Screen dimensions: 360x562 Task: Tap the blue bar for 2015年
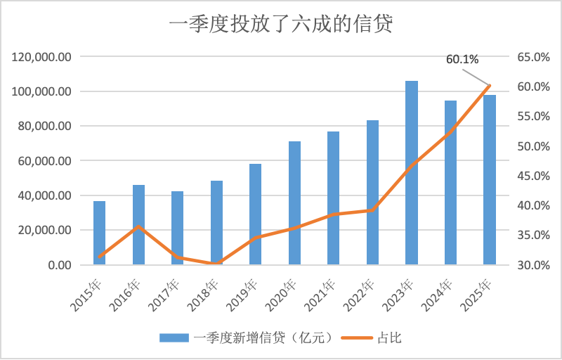pyautogui.click(x=100, y=233)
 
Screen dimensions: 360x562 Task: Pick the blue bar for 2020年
pyautogui.click(x=294, y=203)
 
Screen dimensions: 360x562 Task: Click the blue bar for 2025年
pyautogui.click(x=490, y=179)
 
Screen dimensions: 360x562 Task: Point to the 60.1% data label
pyautogui.click(x=462, y=60)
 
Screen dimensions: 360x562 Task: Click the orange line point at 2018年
pyautogui.click(x=216, y=264)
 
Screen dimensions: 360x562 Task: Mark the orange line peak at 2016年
pyautogui.click(x=139, y=226)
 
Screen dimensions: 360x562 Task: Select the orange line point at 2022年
pyautogui.click(x=372, y=210)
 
